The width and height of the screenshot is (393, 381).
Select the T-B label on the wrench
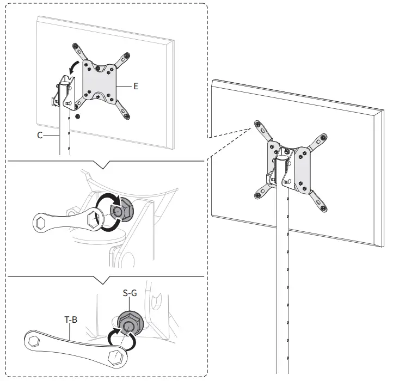pyautogui.click(x=71, y=321)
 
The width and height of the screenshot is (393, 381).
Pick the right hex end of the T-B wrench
pyautogui.click(x=115, y=357)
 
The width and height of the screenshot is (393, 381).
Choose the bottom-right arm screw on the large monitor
pyautogui.click(x=326, y=208)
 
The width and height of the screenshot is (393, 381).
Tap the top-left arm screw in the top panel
pyautogui.click(x=75, y=47)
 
